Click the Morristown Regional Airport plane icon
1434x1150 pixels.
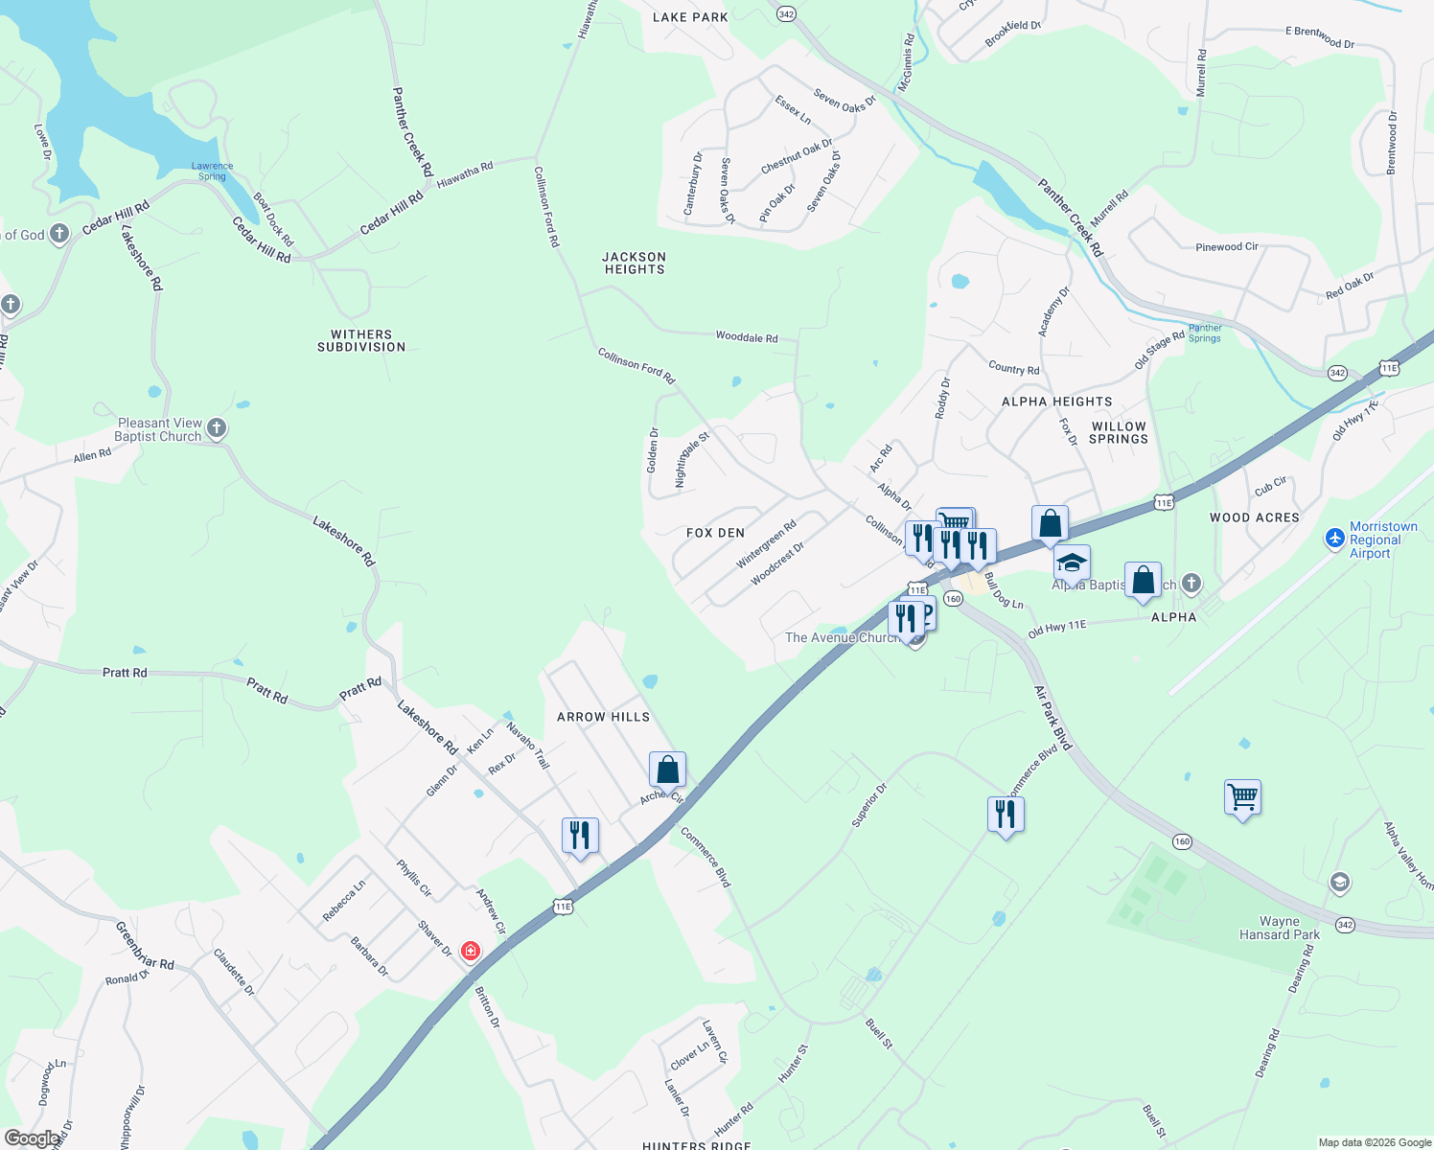coord(1334,539)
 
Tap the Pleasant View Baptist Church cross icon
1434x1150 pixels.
coord(217,428)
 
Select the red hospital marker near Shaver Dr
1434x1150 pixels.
coord(470,951)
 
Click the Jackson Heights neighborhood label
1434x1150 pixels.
coord(634,263)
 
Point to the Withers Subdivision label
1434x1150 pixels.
coord(361,341)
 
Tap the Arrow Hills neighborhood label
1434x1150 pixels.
coord(603,717)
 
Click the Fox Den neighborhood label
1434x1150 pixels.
coord(715,533)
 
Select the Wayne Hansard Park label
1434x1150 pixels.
coord(1279,928)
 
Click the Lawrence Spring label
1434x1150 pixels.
coord(212,171)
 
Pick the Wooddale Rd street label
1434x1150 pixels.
coord(747,337)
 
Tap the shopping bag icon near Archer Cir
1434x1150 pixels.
coord(667,770)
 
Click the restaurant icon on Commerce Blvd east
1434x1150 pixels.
coord(1006,815)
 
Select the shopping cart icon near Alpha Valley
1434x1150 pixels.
coord(1242,796)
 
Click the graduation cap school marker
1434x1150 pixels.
coord(1072,563)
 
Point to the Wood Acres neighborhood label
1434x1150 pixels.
coord(1254,517)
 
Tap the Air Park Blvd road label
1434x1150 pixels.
coord(1052,718)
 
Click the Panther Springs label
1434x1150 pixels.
coord(1205,333)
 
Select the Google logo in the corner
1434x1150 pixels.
coord(32,1138)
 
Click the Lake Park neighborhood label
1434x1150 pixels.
coord(690,17)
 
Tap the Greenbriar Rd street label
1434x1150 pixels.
coord(145,946)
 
